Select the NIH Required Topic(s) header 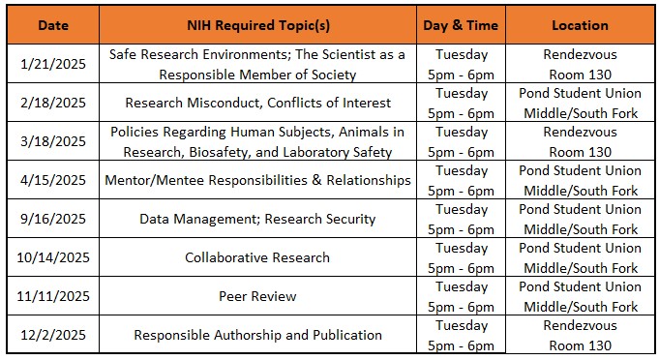[x=257, y=25]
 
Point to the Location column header [x=580, y=25]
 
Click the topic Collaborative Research [x=257, y=257]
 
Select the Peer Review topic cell [x=257, y=296]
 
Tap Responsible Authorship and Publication [x=257, y=335]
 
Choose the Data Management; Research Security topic [x=257, y=219]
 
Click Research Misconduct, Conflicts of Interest [x=257, y=103]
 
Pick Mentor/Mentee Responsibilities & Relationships [x=257, y=180]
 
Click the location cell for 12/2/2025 [x=580, y=335]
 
